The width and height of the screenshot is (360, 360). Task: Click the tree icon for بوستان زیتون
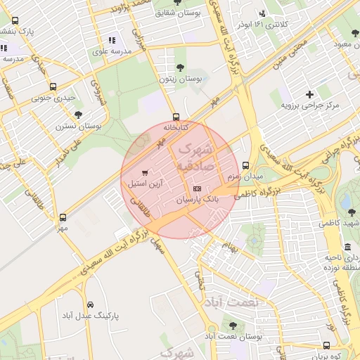coord(180,67)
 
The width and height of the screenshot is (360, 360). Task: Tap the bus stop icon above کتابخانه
coord(176,117)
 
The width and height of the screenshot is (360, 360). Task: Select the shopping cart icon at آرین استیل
coord(145,172)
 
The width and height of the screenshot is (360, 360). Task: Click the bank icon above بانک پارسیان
coord(197,188)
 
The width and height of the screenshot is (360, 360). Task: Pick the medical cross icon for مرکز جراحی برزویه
coord(309,94)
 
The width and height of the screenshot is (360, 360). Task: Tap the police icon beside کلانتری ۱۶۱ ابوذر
coord(263,13)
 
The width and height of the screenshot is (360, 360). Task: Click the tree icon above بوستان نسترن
coord(78,115)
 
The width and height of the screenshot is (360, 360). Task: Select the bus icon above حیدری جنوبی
coord(51,87)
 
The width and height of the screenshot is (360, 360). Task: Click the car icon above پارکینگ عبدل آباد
coord(91,304)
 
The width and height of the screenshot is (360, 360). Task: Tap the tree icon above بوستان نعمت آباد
coord(233,326)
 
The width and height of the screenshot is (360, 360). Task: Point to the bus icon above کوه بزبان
coord(326,345)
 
